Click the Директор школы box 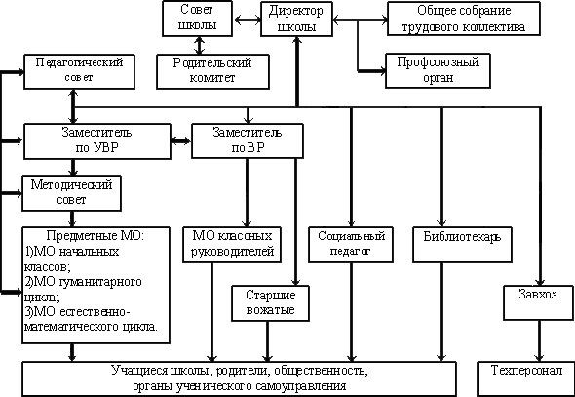point(296,19)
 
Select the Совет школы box point(197,19)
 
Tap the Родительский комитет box point(212,71)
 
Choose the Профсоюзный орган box point(438,70)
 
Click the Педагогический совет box point(79,71)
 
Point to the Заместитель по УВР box point(97,141)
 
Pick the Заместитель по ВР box point(248,140)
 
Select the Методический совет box point(71,193)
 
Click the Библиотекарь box point(462,245)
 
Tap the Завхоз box point(538,302)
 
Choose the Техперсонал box point(526,378)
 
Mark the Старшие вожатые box point(270,303)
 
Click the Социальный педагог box point(351,245)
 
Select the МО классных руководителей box point(232,245)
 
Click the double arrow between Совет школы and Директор point(247,20)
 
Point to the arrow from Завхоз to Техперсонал point(539,341)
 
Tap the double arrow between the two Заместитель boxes point(181,140)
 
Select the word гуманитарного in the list point(100,282)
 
